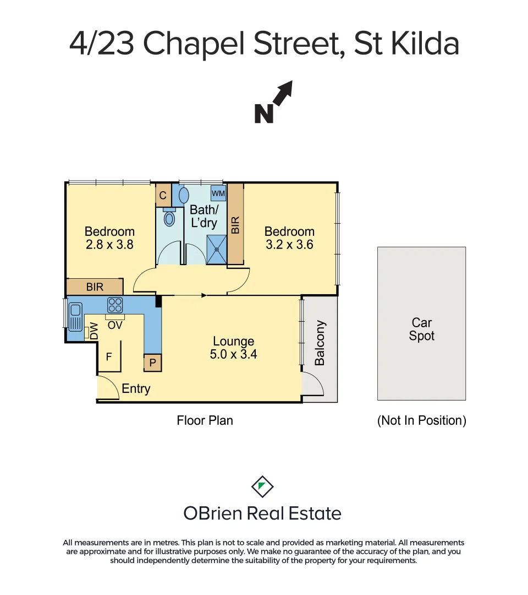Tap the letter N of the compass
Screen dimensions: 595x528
point(264,113)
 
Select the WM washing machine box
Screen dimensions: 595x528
point(218,193)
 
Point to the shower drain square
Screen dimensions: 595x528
point(217,249)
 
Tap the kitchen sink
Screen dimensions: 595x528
point(75,315)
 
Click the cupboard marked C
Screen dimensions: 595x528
point(163,196)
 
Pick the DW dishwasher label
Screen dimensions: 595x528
point(94,331)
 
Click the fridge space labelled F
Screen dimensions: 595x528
point(109,356)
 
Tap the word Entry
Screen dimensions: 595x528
point(136,388)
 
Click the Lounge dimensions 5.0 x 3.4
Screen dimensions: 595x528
point(233,354)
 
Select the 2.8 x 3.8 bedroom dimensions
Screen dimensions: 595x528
point(109,245)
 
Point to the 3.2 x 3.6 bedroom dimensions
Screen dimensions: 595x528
point(289,245)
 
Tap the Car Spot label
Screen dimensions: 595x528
point(421,329)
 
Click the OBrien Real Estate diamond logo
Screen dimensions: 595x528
point(262,486)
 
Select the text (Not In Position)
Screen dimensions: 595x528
point(421,420)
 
